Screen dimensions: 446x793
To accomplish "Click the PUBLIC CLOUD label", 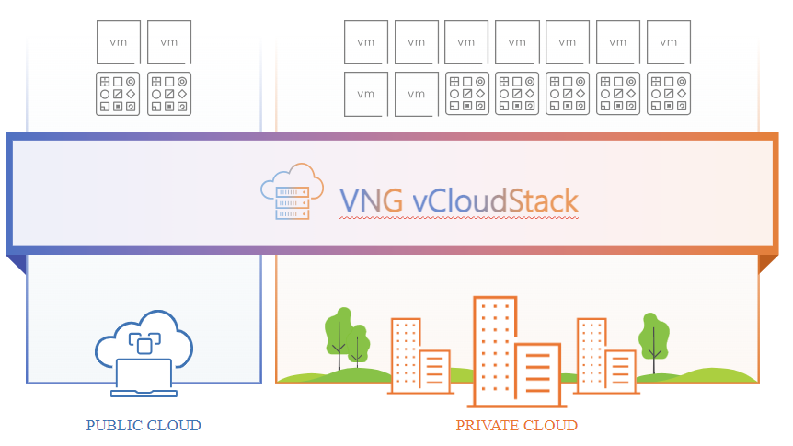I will [x=144, y=426].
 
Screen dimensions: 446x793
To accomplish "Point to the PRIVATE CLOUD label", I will [x=517, y=426].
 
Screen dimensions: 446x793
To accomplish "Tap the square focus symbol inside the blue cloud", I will [x=143, y=343].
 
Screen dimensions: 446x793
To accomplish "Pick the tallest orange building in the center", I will [x=494, y=349].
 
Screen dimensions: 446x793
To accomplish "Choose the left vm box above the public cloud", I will [x=119, y=42].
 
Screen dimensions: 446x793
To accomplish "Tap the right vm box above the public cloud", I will [x=169, y=42].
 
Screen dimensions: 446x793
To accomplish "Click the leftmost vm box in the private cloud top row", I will [x=366, y=42].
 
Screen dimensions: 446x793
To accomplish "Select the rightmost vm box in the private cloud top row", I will [x=669, y=42].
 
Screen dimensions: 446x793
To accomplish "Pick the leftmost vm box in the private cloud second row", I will [x=366, y=94].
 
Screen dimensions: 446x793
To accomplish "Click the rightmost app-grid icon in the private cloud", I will [x=669, y=94].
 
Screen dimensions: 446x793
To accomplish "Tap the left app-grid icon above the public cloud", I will [x=119, y=94].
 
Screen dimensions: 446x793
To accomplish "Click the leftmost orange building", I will [x=406, y=354].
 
